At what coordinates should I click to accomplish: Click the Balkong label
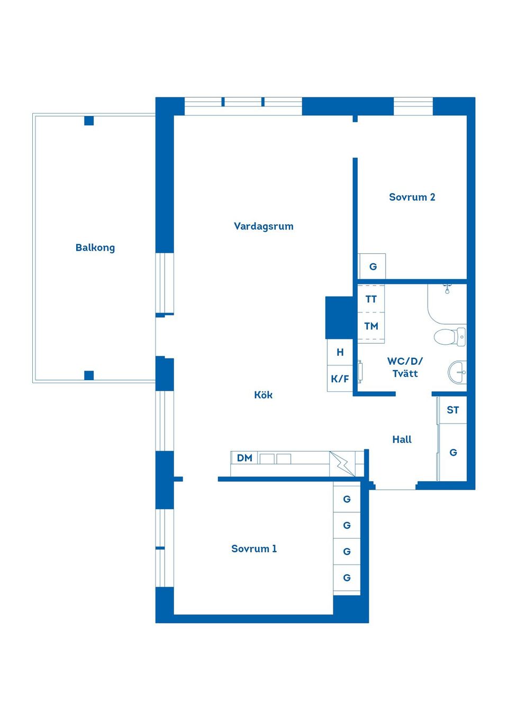pos(95,248)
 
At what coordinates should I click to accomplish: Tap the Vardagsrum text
pos(264,227)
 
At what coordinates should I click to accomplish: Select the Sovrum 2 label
pos(412,197)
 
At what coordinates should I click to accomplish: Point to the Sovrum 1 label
pos(254,548)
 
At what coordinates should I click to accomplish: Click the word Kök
pos(264,394)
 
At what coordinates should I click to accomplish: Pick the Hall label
pos(402,439)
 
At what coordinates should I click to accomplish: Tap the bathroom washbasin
pos(457,372)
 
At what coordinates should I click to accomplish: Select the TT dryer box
pos(371,298)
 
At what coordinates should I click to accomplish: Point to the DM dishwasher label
pos(244,458)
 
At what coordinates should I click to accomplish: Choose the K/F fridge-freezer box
pos(340,379)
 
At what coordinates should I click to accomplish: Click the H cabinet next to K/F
pos(340,352)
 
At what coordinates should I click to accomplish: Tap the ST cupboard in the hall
pos(452,410)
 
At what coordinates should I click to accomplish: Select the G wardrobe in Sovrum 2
pos(373,266)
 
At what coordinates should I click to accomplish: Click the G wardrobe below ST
pos(452,452)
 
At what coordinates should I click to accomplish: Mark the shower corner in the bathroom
pos(447,303)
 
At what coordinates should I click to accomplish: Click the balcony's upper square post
pos(89,121)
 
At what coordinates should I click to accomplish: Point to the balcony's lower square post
pos(89,375)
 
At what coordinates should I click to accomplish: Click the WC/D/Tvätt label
pos(405,367)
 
